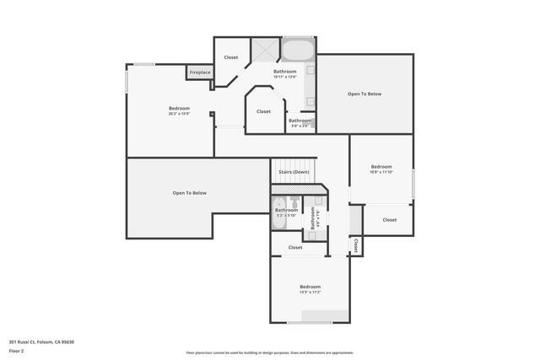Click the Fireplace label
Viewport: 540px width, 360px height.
(200, 73)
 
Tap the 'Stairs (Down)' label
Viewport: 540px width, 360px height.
(294, 172)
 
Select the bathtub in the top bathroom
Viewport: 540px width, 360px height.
(296, 50)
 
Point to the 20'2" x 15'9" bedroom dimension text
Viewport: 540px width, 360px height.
(179, 114)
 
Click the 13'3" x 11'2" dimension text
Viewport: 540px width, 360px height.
(310, 293)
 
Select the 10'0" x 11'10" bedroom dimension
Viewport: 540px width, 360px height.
(381, 172)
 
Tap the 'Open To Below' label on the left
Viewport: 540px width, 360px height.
(190, 193)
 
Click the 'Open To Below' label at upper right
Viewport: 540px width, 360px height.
(364, 94)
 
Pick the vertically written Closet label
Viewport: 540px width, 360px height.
(356, 244)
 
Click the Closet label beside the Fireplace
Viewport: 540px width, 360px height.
(230, 57)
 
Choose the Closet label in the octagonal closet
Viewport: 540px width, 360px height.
(263, 111)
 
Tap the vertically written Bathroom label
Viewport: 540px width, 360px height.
(312, 218)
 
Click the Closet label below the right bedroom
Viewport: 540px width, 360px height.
(389, 220)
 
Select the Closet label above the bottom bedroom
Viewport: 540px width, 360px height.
(295, 248)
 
